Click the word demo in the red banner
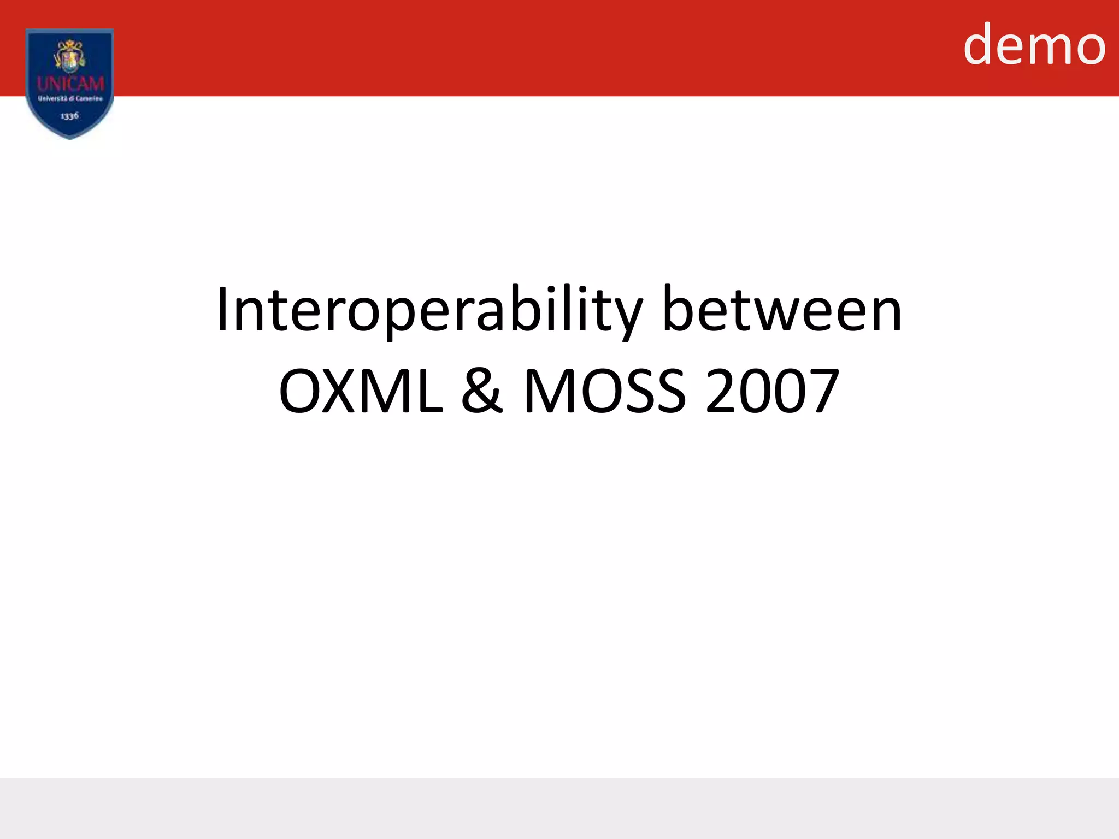[1034, 45]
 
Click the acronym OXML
[361, 391]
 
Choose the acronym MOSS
[604, 391]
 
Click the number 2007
[772, 391]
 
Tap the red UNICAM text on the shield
[70, 84]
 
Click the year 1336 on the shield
[69, 116]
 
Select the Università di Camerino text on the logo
[70, 99]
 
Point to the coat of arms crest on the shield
[70, 56]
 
